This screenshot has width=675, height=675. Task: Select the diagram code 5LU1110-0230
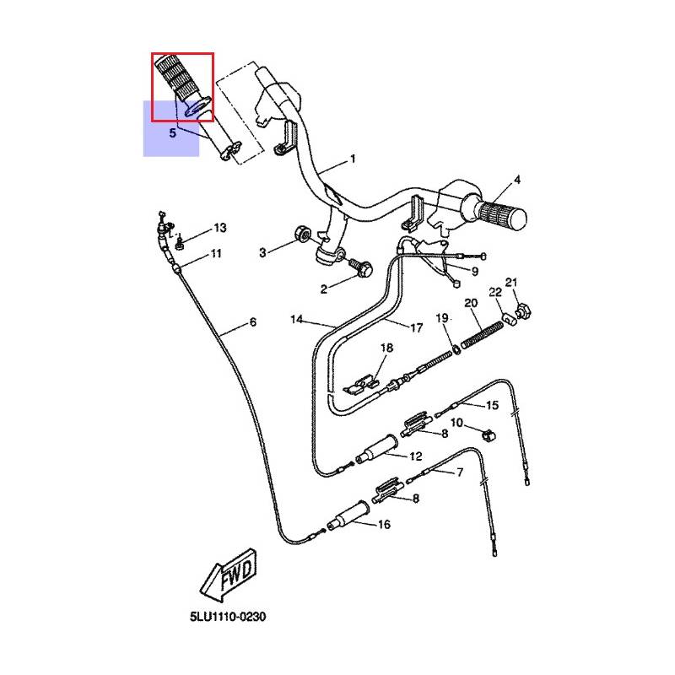[228, 617]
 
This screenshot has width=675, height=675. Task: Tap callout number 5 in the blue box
[173, 133]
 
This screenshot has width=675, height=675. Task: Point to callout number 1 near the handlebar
[353, 159]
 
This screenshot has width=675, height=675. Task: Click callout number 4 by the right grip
[517, 180]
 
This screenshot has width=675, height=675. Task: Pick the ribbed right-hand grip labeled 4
[502, 215]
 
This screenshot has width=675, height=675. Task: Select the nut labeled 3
[302, 235]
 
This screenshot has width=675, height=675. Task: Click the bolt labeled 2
[361, 267]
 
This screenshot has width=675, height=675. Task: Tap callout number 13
[220, 228]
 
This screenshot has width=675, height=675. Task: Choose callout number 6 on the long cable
[253, 322]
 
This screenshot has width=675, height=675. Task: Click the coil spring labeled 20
[482, 335]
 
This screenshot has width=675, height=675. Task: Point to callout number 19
[442, 318]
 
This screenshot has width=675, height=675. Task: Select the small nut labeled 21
[523, 310]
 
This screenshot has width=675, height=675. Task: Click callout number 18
[386, 348]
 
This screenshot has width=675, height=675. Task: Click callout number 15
[492, 405]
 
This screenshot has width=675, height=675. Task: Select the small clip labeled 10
[489, 435]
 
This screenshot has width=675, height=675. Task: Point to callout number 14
[297, 320]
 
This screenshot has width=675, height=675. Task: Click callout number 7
[460, 472]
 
